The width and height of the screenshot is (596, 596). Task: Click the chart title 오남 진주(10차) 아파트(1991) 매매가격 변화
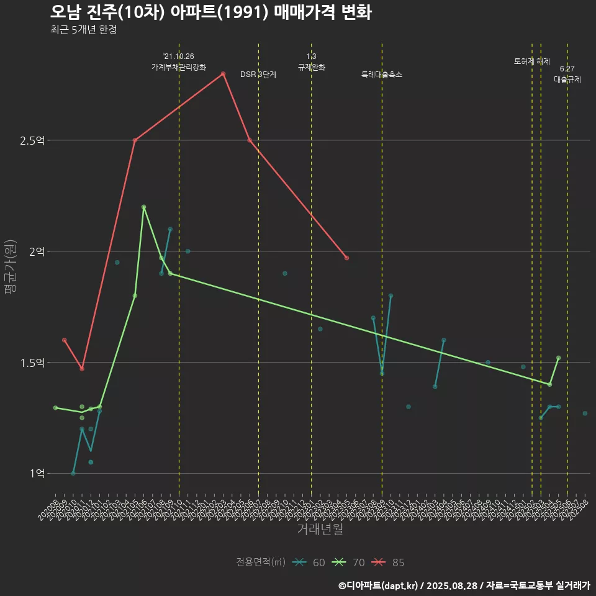pos(211,12)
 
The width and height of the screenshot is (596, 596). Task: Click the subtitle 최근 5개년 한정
pos(84,30)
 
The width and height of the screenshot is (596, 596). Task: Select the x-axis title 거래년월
pos(320,530)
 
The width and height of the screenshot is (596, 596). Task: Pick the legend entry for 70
pos(349,562)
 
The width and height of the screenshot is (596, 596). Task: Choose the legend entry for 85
pos(389,562)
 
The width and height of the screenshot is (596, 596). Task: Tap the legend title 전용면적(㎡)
pos(261,562)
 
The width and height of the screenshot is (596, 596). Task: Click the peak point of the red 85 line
pos(223,73)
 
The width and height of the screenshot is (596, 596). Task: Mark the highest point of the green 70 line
pos(143,207)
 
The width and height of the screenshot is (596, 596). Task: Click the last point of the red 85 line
pos(346,258)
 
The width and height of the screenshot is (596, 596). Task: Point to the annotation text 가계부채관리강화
pos(179,66)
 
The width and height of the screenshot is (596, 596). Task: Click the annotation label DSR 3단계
pos(258,74)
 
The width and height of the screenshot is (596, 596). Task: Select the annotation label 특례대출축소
pos(382,74)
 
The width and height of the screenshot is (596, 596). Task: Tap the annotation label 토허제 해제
pos(532,61)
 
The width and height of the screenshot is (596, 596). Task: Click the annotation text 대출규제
pos(567,79)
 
